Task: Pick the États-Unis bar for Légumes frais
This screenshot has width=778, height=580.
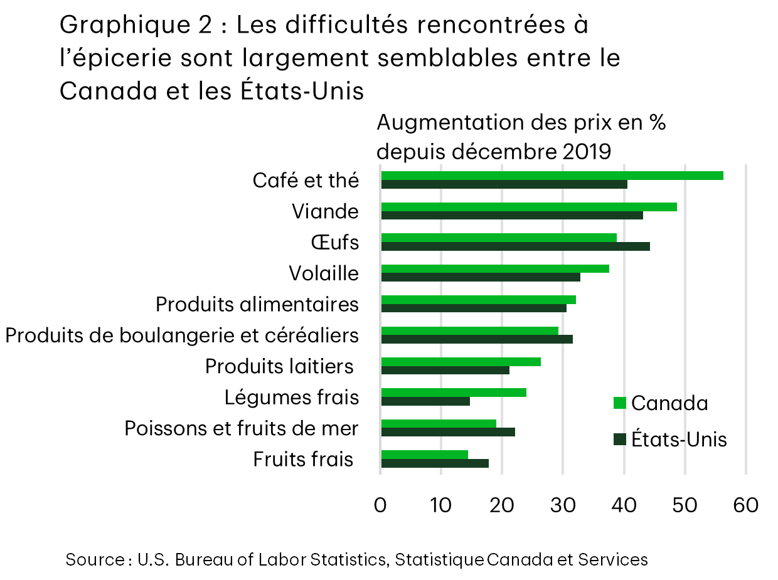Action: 425,401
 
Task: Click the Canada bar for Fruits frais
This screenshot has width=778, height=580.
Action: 424,454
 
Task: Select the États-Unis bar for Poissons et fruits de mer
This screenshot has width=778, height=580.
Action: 448,432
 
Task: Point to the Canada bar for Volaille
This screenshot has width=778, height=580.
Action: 495,268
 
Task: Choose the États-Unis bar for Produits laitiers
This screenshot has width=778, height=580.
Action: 445,370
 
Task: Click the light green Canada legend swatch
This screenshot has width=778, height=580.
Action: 620,403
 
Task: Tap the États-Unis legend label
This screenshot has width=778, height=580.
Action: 679,440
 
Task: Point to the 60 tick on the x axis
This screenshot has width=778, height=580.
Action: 745,505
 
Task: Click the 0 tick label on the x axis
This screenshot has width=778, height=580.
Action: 380,505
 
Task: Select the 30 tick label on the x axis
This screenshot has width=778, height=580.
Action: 563,505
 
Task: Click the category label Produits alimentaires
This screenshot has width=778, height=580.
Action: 257,305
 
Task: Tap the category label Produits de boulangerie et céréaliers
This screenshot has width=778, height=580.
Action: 182,335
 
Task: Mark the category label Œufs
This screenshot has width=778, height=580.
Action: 335,242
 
